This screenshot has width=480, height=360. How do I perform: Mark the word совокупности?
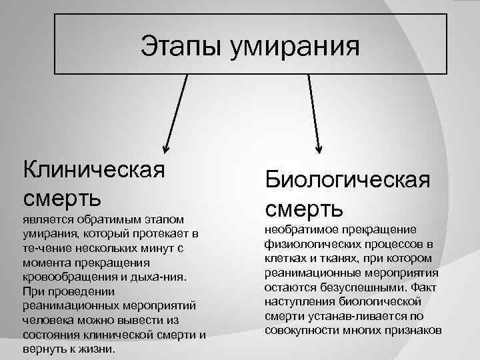tap(299, 331)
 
